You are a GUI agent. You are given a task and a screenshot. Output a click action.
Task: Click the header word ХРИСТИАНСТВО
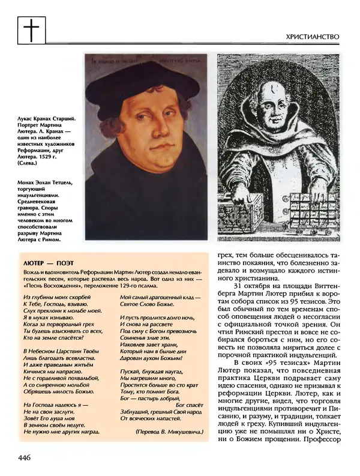[314, 37]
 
